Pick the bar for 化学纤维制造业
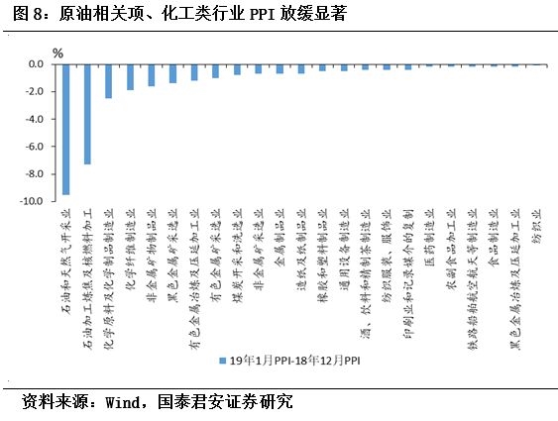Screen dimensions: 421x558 coord(130,77)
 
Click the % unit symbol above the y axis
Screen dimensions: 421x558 coord(57,52)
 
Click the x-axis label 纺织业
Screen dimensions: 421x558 coord(536,228)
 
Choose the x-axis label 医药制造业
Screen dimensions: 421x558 coord(429,238)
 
